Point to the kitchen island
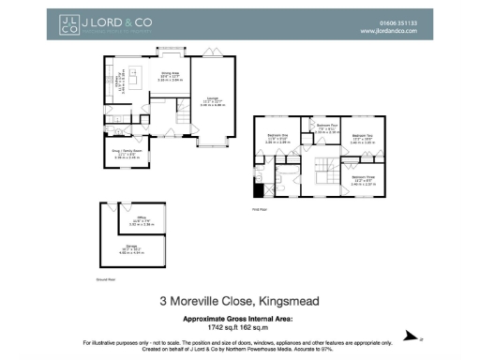(130, 87)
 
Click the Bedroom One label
(278, 140)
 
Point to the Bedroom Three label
(362, 180)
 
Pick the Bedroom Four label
(326, 128)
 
